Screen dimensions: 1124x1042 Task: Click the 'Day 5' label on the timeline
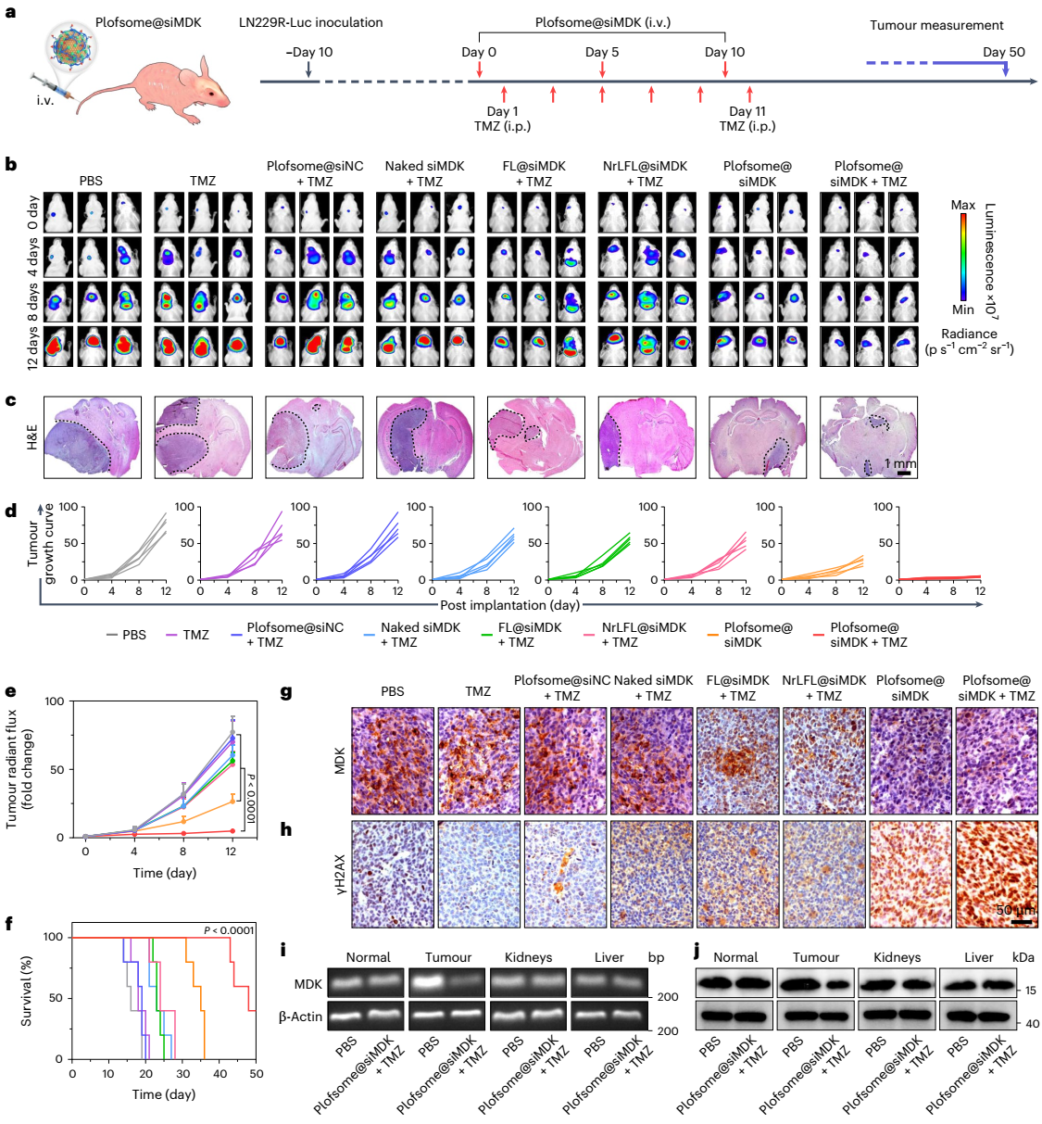[x=602, y=53]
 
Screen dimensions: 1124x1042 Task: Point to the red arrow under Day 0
[x=479, y=69]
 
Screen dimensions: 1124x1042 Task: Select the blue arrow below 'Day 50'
[x=1005, y=68]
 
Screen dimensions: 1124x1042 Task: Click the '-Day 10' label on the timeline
[x=309, y=53]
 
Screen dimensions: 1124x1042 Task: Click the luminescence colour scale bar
[x=964, y=258]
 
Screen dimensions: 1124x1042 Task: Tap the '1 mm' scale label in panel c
[x=899, y=463]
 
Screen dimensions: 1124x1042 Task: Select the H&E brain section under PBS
[x=92, y=437]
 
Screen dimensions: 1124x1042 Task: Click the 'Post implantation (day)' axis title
[x=509, y=605]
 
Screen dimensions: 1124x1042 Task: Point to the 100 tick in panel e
[x=55, y=701]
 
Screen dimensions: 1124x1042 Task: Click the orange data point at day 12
[x=232, y=799]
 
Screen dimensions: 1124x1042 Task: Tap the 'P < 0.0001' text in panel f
[x=229, y=930]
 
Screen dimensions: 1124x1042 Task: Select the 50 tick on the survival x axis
[x=256, y=1074]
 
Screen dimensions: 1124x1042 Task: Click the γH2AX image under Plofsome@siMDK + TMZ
[x=996, y=874]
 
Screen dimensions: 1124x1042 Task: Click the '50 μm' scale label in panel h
[x=1015, y=910]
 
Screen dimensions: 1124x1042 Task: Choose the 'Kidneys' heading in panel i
[x=528, y=957]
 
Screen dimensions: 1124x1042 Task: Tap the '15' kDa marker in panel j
[x=1031, y=991]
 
